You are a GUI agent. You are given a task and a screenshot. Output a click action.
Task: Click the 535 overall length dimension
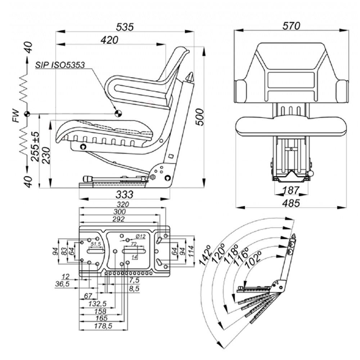pos(125,27)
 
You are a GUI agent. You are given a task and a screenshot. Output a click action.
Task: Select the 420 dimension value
pos(109,40)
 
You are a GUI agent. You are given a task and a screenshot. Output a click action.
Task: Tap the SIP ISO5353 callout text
pos(60,65)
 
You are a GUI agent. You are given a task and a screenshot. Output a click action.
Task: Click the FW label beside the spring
pos(16,116)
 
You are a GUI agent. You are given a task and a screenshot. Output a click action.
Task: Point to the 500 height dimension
pos(200,117)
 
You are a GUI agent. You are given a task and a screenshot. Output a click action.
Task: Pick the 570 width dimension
pos(291,26)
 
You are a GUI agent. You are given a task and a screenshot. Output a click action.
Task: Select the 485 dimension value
pos(291,203)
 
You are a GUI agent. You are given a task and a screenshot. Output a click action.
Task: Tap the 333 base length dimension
pos(124,195)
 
